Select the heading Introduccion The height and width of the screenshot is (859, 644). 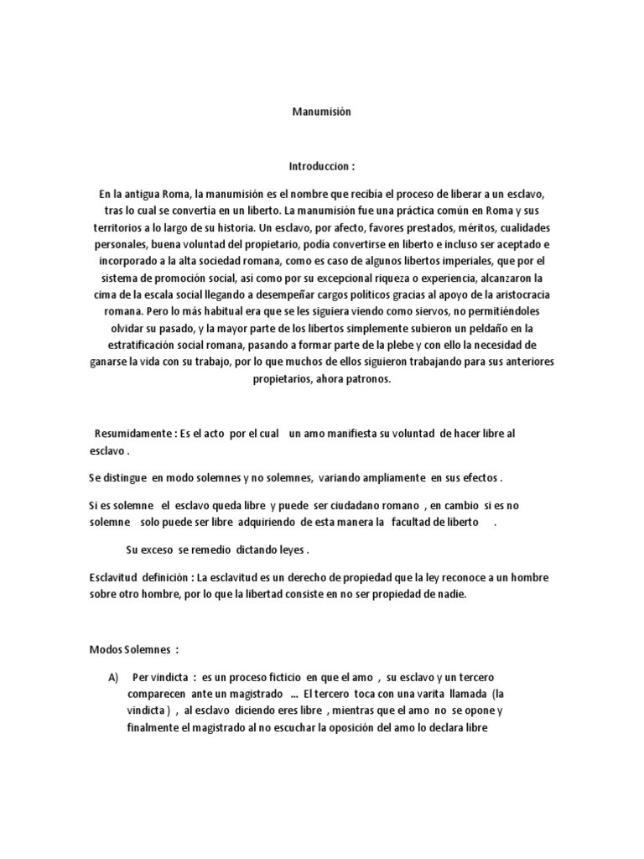(x=317, y=167)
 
